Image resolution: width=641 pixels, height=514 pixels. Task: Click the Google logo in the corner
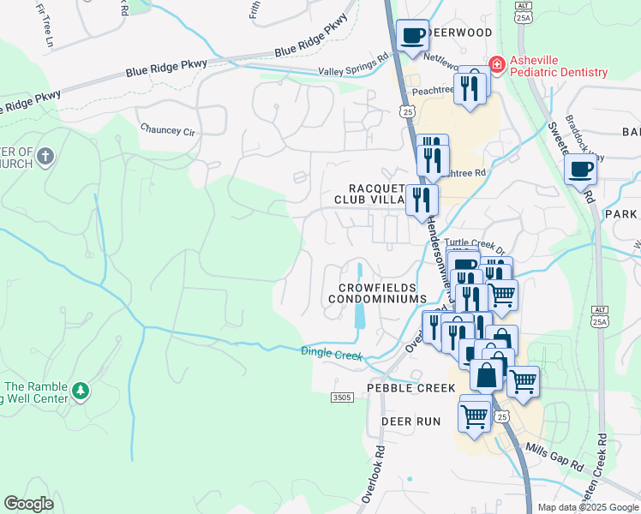(x=29, y=504)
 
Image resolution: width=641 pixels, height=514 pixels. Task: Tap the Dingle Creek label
(x=332, y=352)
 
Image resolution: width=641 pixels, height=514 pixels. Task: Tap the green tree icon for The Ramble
(x=81, y=391)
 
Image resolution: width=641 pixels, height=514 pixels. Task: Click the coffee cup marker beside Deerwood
(x=413, y=36)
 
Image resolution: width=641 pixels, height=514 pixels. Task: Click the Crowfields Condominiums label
(x=377, y=293)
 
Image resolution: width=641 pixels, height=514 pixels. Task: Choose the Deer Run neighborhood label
(x=410, y=421)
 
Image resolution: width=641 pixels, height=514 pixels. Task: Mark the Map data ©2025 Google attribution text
(x=587, y=507)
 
